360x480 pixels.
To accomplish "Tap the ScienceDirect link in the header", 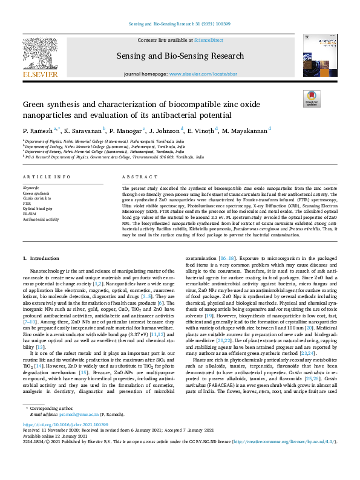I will point(208,40).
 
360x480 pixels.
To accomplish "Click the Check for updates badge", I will point(312,99).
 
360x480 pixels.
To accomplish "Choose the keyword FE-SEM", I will point(29,214).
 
